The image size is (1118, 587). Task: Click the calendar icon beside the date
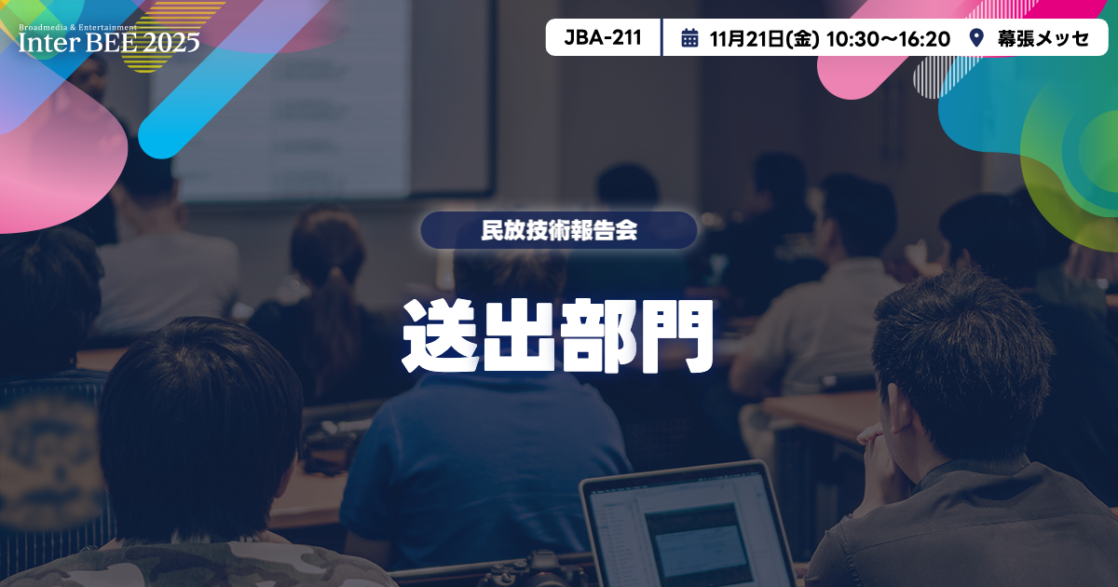click(x=689, y=38)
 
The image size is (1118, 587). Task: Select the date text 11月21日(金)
click(x=764, y=38)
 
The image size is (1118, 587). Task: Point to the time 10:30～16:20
click(x=888, y=38)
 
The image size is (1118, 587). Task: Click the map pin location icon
click(x=976, y=38)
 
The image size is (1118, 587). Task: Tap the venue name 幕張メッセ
click(x=1043, y=38)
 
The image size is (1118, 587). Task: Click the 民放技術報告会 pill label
click(x=559, y=231)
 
